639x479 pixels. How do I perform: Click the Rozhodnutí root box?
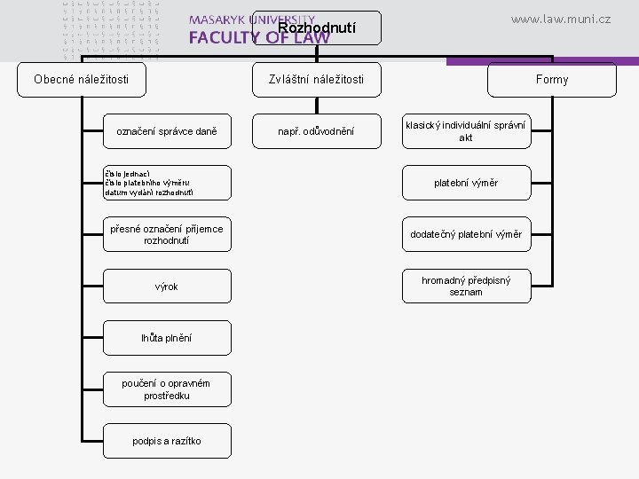pos(317,27)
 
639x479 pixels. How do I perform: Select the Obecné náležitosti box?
pos(81,80)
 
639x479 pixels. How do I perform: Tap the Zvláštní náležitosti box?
pos(317,80)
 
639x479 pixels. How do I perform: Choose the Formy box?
pos(552,80)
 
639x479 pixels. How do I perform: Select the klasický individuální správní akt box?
pos(465,131)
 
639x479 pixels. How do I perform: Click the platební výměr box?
pos(465,183)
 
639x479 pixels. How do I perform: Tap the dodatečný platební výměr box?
pos(465,234)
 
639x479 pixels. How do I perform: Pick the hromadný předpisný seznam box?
pos(465,286)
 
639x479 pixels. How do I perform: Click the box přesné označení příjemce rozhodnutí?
pos(168,234)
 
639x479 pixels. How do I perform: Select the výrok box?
pos(168,286)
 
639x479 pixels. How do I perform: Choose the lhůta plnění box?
pos(168,337)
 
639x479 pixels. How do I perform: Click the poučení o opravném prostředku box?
pos(168,389)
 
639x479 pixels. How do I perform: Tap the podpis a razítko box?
pos(168,440)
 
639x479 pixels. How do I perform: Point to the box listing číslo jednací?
pos(168,183)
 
